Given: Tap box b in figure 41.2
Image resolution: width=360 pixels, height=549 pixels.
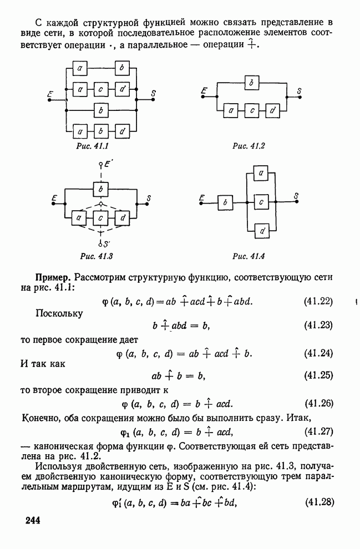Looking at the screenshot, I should click(252, 83).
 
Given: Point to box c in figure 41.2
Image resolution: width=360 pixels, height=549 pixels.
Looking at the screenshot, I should click(252, 111).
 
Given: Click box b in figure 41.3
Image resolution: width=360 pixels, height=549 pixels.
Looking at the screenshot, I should click(101, 189).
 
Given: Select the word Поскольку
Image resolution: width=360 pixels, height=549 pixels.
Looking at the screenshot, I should click(59, 313).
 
